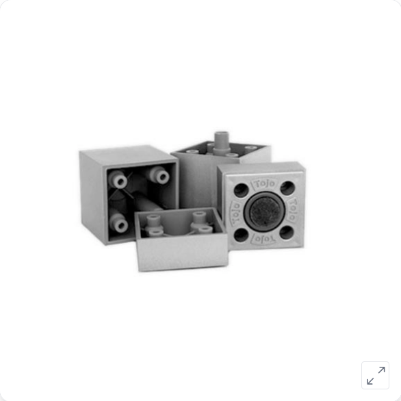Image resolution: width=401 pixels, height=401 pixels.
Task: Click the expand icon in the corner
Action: click(375, 375)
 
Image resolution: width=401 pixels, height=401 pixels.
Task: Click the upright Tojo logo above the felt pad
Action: click(264, 183)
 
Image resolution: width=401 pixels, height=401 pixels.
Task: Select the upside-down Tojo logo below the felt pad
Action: click(263, 239)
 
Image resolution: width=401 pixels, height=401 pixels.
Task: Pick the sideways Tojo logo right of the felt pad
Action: click(293, 209)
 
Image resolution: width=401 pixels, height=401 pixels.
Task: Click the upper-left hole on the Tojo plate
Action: click(241, 190)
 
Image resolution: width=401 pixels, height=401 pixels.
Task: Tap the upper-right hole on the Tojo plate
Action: click(287, 188)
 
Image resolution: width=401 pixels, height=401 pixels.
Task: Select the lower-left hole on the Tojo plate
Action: click(241, 235)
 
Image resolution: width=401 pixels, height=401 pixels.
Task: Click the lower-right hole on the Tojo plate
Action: click(287, 232)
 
